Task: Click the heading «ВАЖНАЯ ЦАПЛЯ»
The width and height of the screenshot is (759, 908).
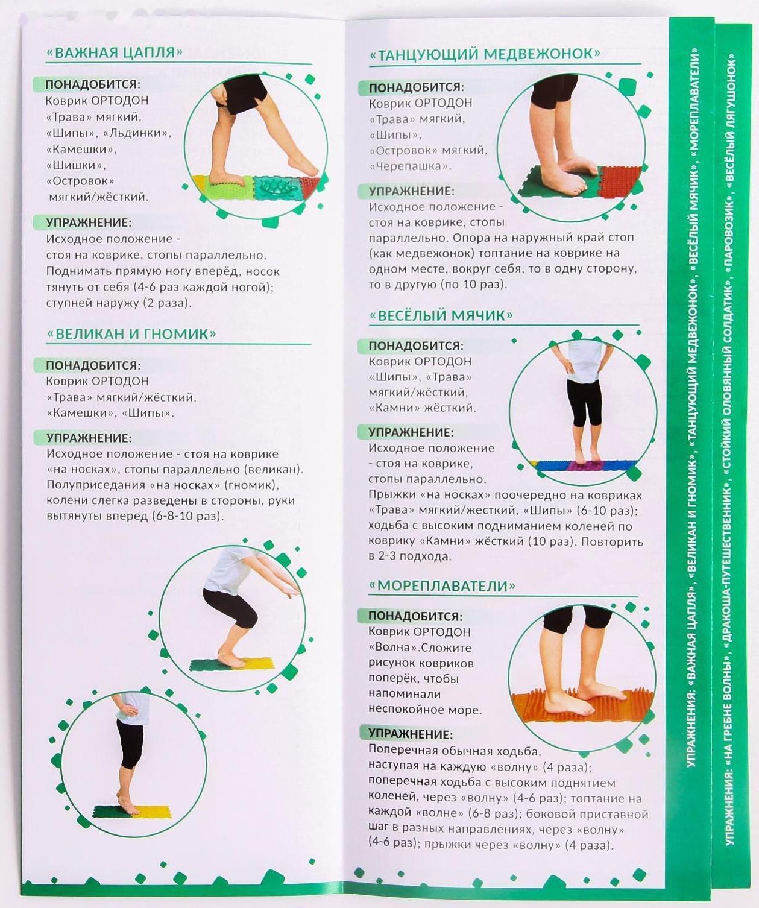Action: [x=114, y=53]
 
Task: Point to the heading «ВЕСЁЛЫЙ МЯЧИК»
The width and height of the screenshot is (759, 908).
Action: [x=441, y=315]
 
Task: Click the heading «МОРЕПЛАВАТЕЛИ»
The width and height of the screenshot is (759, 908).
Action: [x=441, y=586]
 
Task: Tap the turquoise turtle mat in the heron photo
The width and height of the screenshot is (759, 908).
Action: [x=277, y=188]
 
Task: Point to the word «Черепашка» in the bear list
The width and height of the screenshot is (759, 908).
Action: [x=410, y=166]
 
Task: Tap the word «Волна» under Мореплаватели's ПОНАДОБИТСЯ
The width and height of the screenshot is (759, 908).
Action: [x=393, y=647]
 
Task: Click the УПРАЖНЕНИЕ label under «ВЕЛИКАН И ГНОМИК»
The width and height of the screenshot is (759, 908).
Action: [x=89, y=438]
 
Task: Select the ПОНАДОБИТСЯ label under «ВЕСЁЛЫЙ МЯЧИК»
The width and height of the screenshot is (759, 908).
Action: [x=416, y=345]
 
